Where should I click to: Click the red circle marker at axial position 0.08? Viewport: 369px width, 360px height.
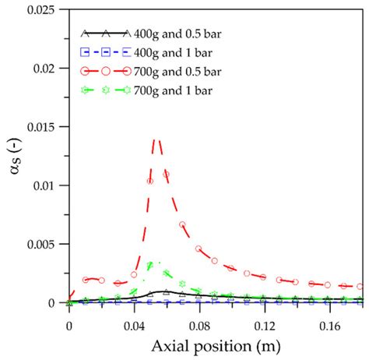tap(199, 249)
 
